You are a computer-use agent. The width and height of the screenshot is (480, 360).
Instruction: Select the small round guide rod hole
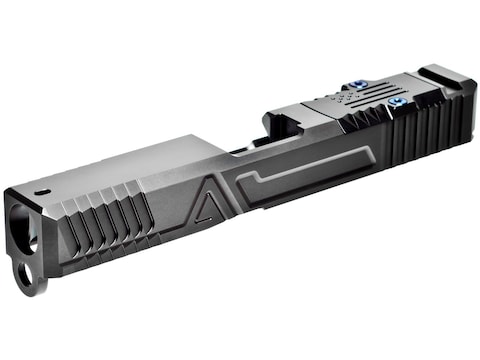tap(27, 277)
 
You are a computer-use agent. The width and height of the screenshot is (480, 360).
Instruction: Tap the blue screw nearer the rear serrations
tap(398, 101)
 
